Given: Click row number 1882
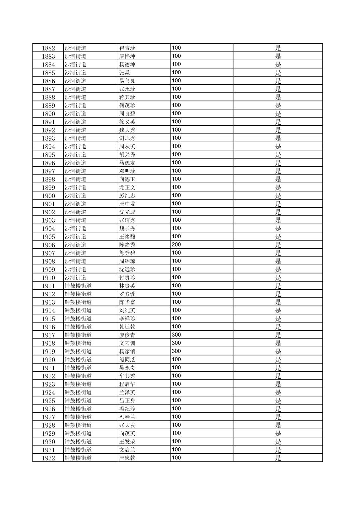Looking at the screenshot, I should point(48,48).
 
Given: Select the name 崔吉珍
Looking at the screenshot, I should point(127,48).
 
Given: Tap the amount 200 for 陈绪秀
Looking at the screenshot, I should point(176,245).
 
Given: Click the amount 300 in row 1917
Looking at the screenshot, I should point(176,335).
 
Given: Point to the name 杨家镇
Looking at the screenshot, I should point(127,351).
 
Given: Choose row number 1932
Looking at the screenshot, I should point(48,458).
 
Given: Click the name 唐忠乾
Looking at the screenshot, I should point(127,458).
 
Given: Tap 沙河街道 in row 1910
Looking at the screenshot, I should point(75,278).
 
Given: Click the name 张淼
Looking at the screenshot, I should point(124,73).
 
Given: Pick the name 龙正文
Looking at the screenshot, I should point(127,188).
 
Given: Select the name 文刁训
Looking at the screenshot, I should point(127,343).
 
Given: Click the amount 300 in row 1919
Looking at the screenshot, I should point(176,351).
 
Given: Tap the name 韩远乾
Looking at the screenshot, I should point(127,327).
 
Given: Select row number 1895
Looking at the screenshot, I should point(48,155).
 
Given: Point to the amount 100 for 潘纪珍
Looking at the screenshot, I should point(176,409).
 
